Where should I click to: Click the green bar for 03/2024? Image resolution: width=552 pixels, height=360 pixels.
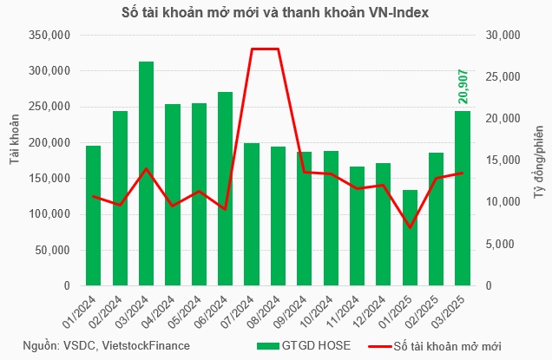pyautogui.click(x=147, y=173)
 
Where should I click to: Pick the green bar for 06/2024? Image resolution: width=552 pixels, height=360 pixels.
pyautogui.click(x=225, y=188)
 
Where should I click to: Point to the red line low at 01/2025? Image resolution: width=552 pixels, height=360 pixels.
pyautogui.click(x=410, y=227)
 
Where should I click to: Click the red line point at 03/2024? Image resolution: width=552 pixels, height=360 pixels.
pyautogui.click(x=147, y=169)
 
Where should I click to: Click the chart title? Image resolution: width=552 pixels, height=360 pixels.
pyautogui.click(x=276, y=13)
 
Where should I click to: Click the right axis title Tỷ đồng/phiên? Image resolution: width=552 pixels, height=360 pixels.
pyautogui.click(x=537, y=160)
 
